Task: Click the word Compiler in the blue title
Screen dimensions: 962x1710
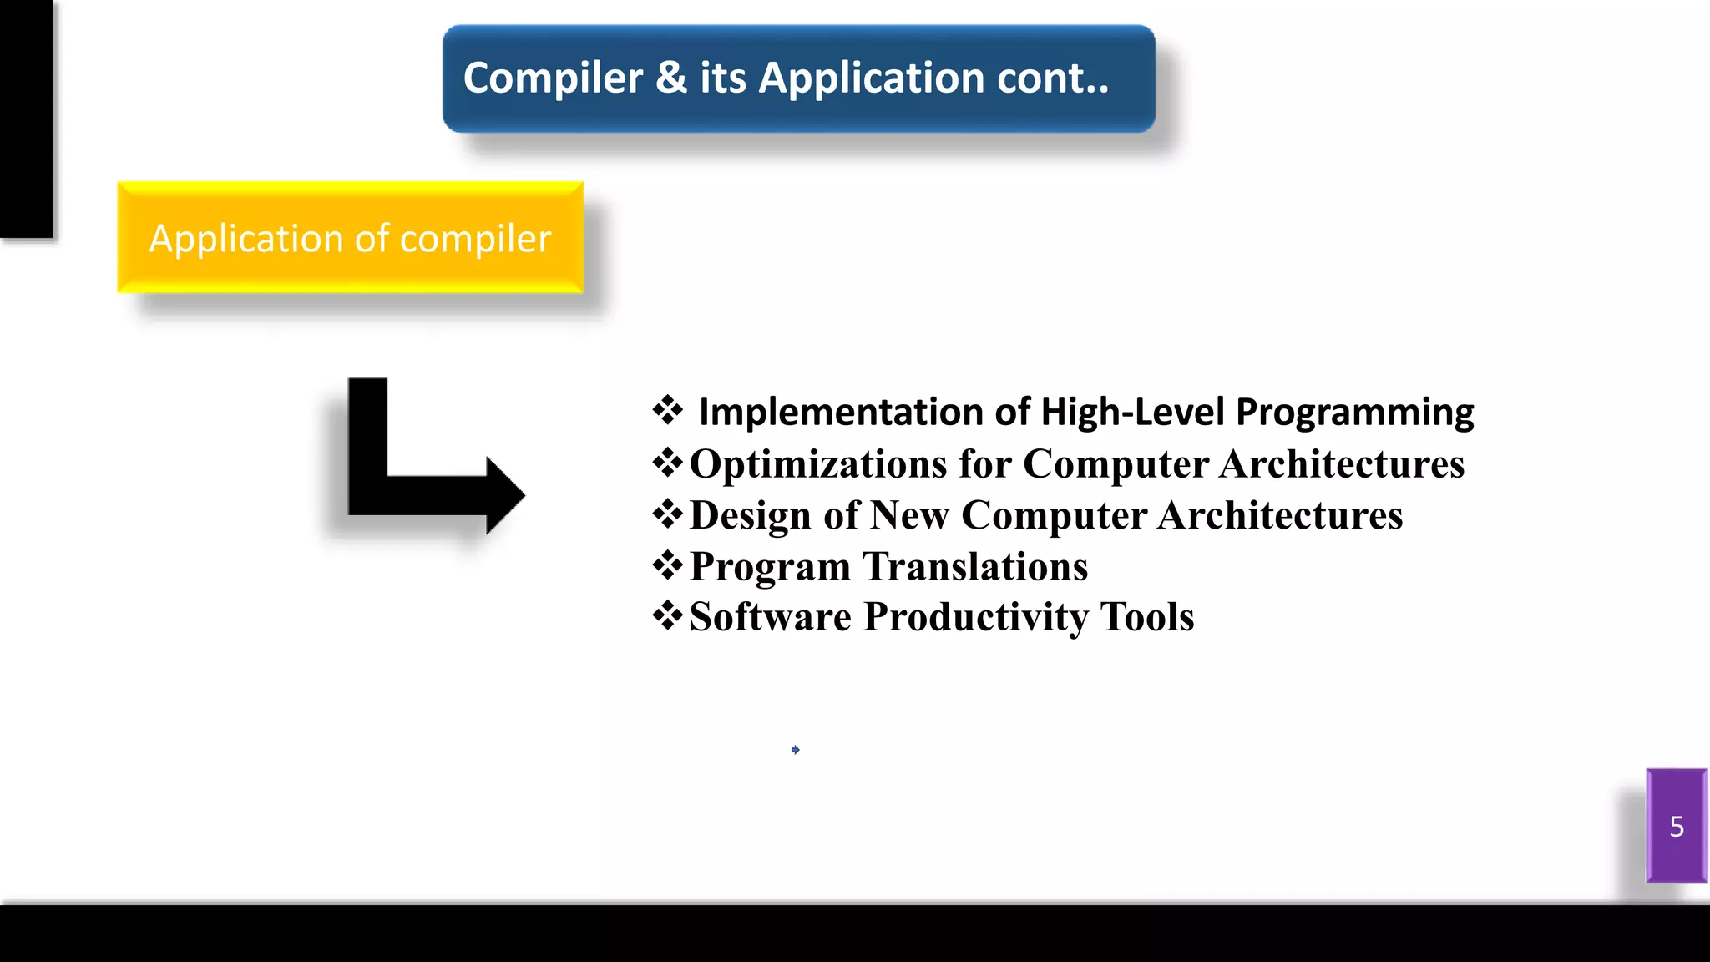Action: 553,78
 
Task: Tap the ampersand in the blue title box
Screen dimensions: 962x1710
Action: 670,78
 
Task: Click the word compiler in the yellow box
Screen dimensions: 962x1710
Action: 475,240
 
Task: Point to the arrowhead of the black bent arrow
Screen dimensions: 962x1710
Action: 505,495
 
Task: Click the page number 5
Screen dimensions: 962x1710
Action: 1677,827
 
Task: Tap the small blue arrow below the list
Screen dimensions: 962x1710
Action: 795,750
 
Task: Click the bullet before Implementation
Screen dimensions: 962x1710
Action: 667,411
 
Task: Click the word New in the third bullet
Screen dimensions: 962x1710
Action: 909,515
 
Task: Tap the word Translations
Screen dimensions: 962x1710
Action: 975,567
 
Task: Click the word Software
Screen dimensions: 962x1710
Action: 770,618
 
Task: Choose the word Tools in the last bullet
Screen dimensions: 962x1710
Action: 1146,618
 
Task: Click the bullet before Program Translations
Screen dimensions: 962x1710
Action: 667,566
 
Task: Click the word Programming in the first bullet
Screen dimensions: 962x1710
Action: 1354,413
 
